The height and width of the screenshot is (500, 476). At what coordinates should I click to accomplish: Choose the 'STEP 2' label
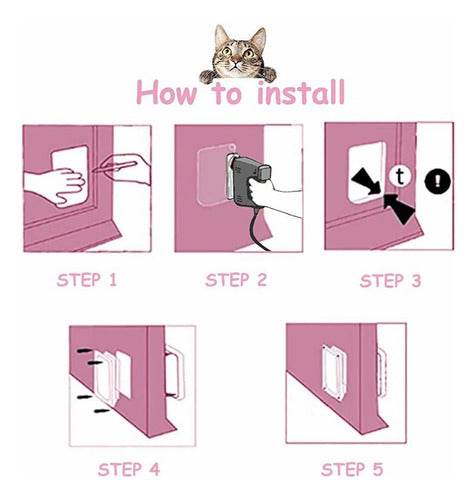236,280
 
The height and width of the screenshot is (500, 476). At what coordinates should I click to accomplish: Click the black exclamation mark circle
437,182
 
